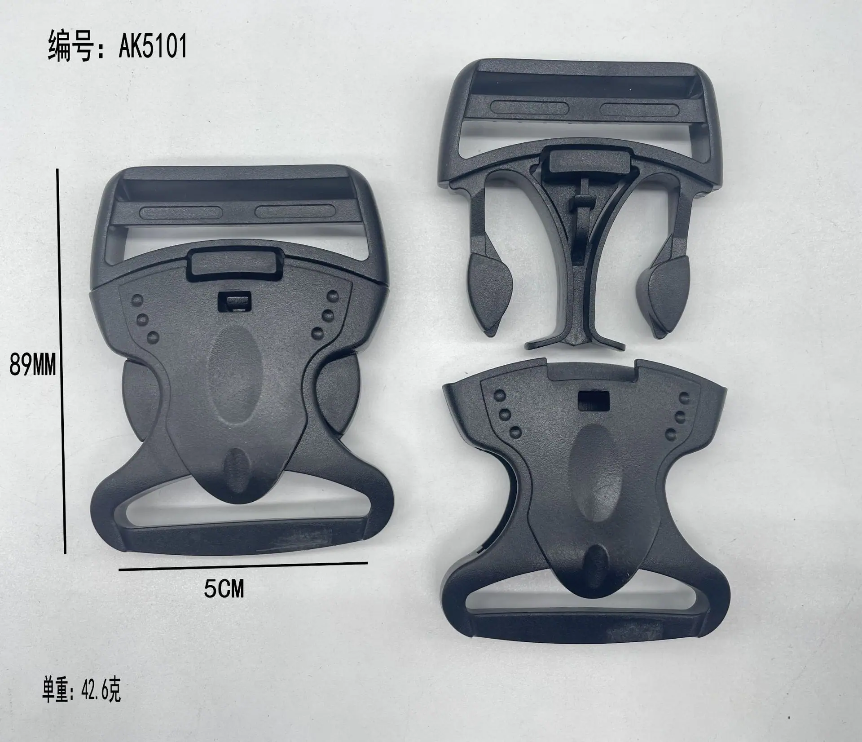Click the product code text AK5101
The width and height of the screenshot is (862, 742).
[153, 47]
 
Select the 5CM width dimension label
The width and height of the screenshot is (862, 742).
[224, 589]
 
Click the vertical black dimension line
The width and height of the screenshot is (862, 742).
[62, 361]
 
